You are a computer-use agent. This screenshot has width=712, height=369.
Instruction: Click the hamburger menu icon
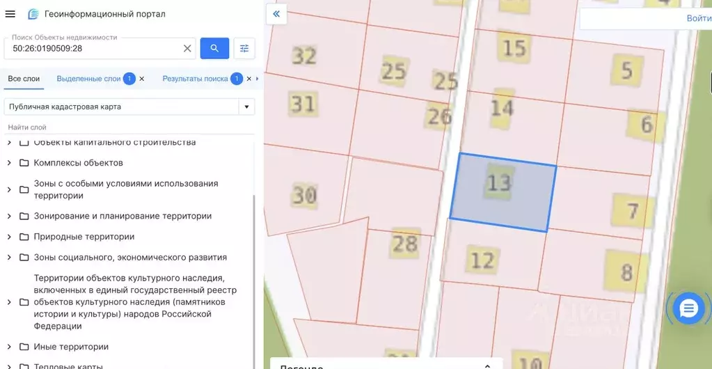pyautogui.click(x=10, y=14)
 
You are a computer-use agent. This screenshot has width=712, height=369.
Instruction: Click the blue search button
pyautogui.click(x=214, y=48)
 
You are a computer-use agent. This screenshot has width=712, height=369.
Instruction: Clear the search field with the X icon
pyautogui.click(x=187, y=49)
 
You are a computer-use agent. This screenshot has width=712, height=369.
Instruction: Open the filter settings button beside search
pyautogui.click(x=244, y=48)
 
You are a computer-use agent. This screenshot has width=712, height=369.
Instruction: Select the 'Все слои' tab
pyautogui.click(x=24, y=79)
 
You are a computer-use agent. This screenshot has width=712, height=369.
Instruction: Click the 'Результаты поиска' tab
pyautogui.click(x=195, y=79)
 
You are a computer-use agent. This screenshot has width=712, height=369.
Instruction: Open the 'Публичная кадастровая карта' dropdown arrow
pyautogui.click(x=245, y=107)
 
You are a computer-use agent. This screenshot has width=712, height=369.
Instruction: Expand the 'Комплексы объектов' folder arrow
pyautogui.click(x=9, y=163)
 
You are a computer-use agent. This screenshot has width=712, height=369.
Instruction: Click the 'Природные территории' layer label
pyautogui.click(x=84, y=237)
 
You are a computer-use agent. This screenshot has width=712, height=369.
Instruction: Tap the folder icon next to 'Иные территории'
pyautogui.click(x=24, y=347)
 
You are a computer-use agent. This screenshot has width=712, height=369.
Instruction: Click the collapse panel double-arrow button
pyautogui.click(x=276, y=14)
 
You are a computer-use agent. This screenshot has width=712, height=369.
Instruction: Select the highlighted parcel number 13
pyautogui.click(x=499, y=183)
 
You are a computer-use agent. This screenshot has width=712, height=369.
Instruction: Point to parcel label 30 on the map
pyautogui.click(x=304, y=195)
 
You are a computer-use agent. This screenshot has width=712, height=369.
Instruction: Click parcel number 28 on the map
pyautogui.click(x=404, y=243)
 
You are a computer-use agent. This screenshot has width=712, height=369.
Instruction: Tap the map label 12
pyautogui.click(x=482, y=260)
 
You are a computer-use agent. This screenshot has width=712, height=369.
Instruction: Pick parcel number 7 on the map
pyautogui.click(x=632, y=210)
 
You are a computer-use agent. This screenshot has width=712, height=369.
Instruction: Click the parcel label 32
pyautogui.click(x=304, y=55)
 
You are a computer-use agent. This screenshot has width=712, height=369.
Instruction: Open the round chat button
pyautogui.click(x=688, y=308)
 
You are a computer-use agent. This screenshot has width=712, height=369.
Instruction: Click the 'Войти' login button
pyautogui.click(x=698, y=19)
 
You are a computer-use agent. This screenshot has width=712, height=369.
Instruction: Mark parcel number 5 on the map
pyautogui.click(x=627, y=70)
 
